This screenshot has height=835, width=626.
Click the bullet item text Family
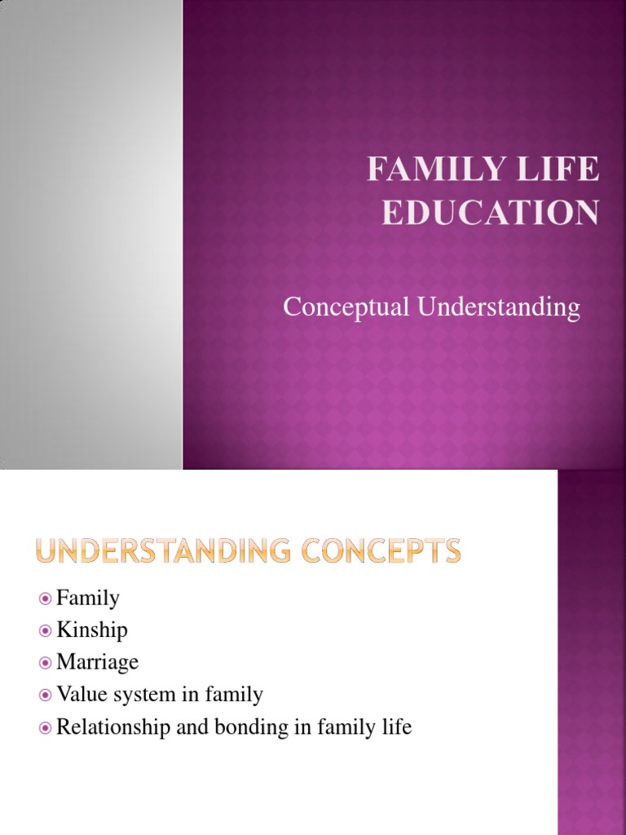click(88, 599)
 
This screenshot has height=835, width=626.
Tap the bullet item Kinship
click(92, 630)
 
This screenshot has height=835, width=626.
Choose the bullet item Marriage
click(98, 662)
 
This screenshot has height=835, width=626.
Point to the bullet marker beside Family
click(46, 599)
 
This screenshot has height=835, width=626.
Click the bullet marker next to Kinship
click(46, 631)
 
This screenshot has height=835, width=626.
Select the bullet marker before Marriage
click(46, 663)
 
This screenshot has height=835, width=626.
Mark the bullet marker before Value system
click(46, 695)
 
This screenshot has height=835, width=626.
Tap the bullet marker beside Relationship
click(46, 727)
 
